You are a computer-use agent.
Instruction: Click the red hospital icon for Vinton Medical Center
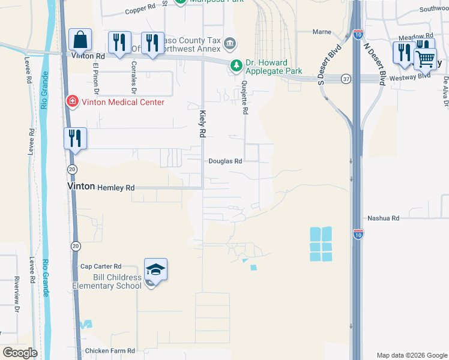pyautogui.click(x=73, y=101)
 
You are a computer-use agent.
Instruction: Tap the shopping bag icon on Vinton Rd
pyautogui.click(x=80, y=40)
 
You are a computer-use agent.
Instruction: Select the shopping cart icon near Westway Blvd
pyautogui.click(x=425, y=59)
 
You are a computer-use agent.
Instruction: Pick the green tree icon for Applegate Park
pyautogui.click(x=237, y=65)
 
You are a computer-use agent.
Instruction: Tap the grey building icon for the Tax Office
pyautogui.click(x=230, y=44)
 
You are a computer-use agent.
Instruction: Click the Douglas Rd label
pyautogui.click(x=225, y=161)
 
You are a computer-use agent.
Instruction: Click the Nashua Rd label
pyautogui.click(x=383, y=218)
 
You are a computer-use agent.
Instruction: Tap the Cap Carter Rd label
pyautogui.click(x=101, y=266)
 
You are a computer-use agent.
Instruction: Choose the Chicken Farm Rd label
pyautogui.click(x=110, y=351)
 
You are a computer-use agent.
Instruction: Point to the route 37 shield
pyautogui.click(x=346, y=79)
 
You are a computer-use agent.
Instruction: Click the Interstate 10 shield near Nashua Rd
pyautogui.click(x=358, y=233)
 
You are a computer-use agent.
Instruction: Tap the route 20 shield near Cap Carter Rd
pyautogui.click(x=76, y=246)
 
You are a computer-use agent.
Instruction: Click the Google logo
pyautogui.click(x=19, y=353)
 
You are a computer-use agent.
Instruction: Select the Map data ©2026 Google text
pyautogui.click(x=411, y=355)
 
